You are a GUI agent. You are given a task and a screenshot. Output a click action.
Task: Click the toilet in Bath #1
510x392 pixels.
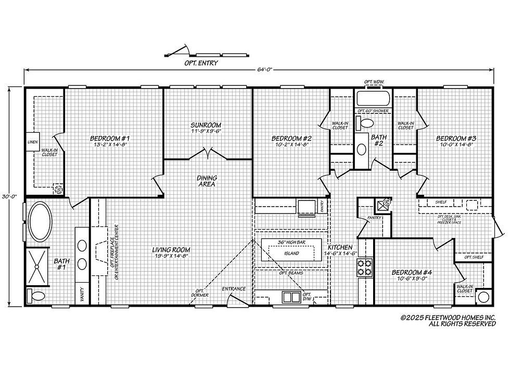click(37, 296)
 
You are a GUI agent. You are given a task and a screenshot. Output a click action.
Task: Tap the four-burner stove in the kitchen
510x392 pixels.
click(364, 267)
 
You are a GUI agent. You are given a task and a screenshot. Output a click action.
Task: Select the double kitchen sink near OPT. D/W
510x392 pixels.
click(289, 297)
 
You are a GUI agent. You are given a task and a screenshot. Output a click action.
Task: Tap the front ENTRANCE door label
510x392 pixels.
click(234, 289)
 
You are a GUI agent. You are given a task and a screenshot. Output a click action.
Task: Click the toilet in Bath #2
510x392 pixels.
click(366, 123)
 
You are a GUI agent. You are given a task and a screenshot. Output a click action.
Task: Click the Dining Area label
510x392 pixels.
click(207, 181)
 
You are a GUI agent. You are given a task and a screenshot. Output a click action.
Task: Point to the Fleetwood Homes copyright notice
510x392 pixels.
click(448, 320)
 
